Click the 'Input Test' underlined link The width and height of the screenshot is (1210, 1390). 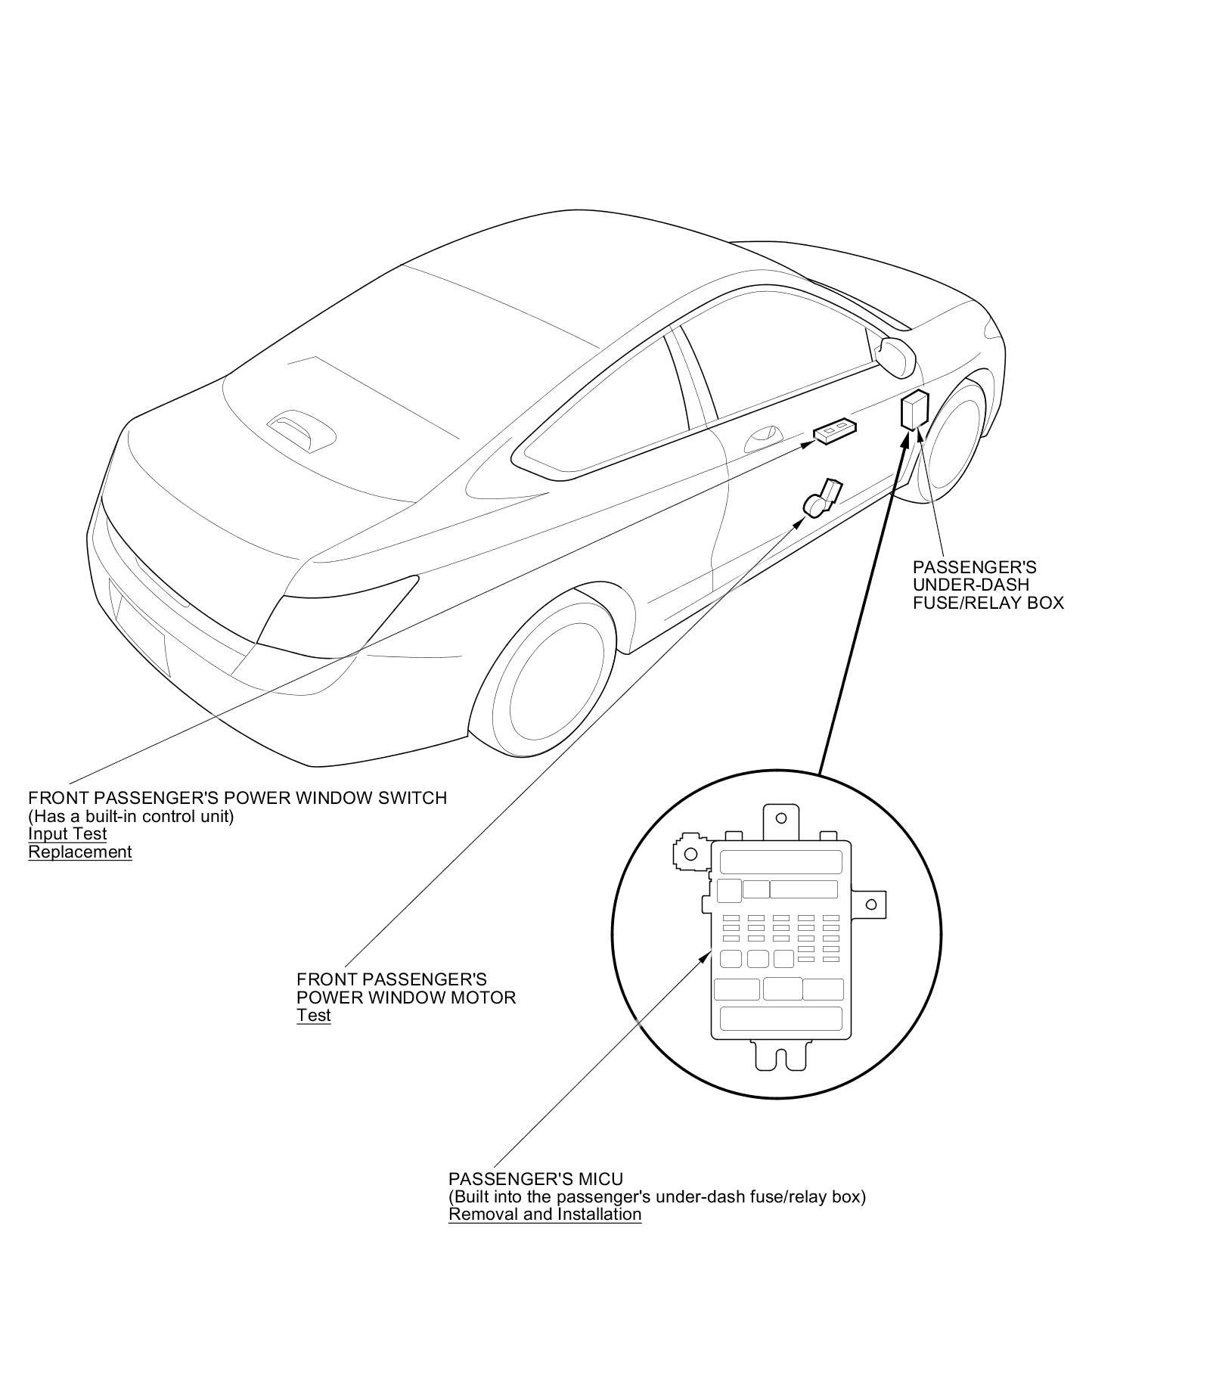coord(67,833)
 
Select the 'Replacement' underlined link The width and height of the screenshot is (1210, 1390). coord(80,852)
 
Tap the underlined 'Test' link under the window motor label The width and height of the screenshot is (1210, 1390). coord(313,1015)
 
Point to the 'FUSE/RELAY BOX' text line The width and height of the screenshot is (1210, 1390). coord(988,603)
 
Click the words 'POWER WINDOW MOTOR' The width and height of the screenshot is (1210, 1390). coord(406,997)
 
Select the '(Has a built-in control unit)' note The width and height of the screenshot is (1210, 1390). coord(131,816)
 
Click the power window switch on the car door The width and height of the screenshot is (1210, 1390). coord(835,430)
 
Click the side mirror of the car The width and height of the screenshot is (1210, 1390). coord(897,356)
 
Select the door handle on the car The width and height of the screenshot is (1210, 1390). coord(762,439)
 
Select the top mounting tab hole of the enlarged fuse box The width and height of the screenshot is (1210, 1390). coord(782,818)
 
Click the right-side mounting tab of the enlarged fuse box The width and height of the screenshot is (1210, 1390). coord(871,904)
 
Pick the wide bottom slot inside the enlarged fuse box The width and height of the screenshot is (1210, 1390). coord(781,1018)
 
